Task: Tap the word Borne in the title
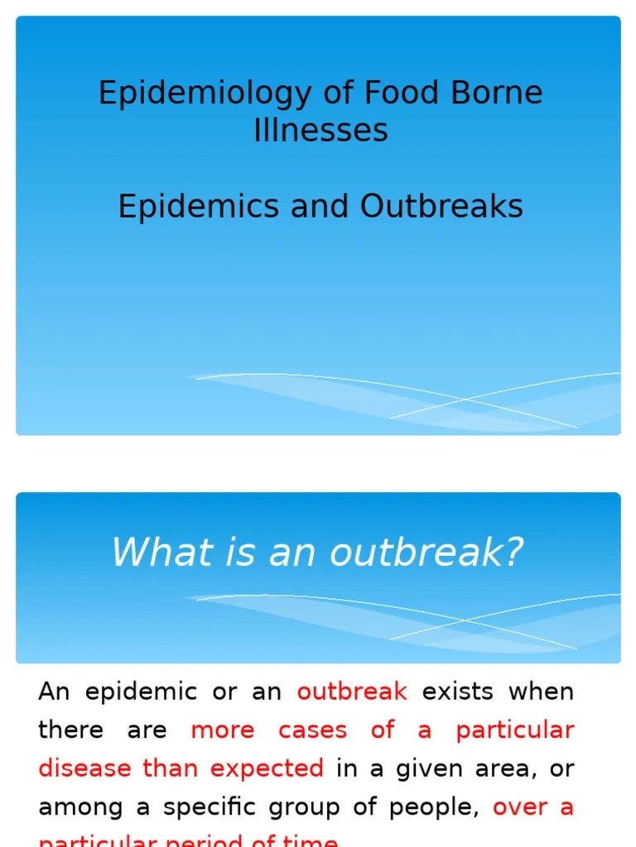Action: (496, 93)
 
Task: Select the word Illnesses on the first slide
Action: (320, 130)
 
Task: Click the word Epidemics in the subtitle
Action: (200, 206)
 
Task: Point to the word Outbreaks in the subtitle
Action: (441, 206)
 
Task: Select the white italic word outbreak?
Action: (427, 552)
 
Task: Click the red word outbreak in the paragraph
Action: (352, 691)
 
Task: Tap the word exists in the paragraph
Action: (458, 691)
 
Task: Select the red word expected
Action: (267, 769)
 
